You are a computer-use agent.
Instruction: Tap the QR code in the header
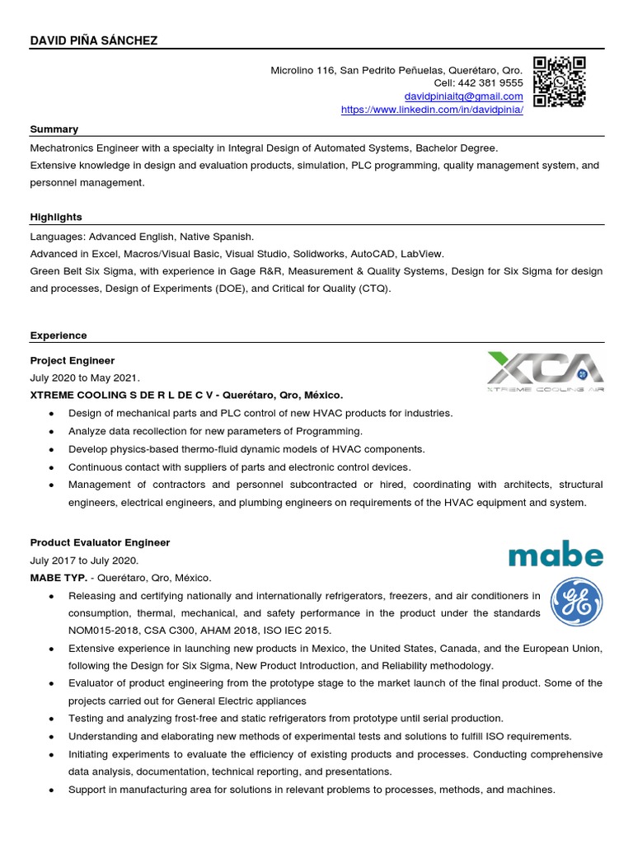(559, 82)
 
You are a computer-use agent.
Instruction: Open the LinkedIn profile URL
(432, 110)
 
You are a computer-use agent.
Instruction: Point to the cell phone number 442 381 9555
(492, 83)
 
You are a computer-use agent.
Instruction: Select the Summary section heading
(54, 129)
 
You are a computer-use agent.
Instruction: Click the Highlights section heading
(56, 218)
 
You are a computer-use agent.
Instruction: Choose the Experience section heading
(59, 335)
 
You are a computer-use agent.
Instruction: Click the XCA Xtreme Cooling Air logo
(545, 372)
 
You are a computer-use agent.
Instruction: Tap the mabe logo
(556, 554)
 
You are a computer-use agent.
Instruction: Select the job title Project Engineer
(73, 360)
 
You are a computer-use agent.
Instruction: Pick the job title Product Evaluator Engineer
(100, 542)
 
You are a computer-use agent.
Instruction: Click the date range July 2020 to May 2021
(85, 377)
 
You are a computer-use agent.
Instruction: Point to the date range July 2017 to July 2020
(85, 560)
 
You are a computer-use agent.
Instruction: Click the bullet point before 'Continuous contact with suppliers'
(53, 467)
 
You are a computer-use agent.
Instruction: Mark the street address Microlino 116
(303, 70)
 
